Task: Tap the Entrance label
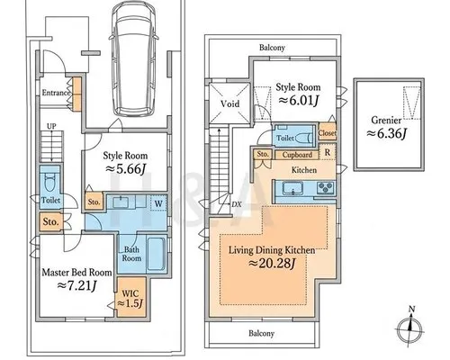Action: click(56, 93)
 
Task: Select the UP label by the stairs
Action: click(51, 126)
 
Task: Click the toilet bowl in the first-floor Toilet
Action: click(49, 183)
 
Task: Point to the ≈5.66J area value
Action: click(126, 169)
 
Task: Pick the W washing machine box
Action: click(158, 203)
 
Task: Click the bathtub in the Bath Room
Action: click(157, 254)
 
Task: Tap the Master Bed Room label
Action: click(76, 273)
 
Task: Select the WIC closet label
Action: click(130, 293)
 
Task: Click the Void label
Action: click(229, 103)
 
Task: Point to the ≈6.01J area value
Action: click(298, 100)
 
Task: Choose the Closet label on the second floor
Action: click(327, 133)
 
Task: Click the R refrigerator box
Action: click(328, 152)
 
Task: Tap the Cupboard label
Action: click(297, 155)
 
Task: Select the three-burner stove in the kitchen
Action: click(326, 188)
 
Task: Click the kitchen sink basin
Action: click(292, 188)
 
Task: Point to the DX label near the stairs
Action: click(237, 204)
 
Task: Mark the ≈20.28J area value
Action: click(273, 264)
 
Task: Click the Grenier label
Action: click(386, 121)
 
